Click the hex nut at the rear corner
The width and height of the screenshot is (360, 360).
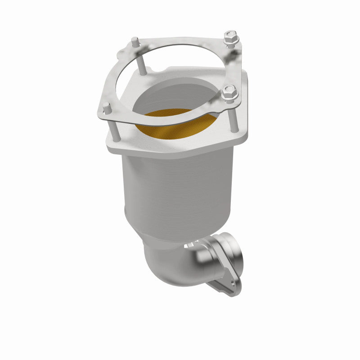click(231, 37)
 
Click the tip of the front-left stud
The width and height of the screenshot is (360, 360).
click(106, 106)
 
